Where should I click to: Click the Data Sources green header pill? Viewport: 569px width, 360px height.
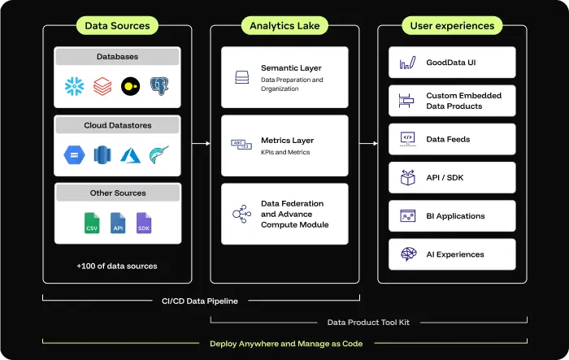pos(117,25)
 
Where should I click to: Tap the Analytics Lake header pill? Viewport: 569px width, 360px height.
pos(284,25)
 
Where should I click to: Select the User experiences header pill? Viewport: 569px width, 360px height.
pos(452,25)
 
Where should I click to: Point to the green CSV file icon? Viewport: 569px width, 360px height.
pos(93,223)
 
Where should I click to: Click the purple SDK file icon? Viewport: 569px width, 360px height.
pos(143,223)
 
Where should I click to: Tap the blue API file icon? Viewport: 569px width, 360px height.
pos(118,223)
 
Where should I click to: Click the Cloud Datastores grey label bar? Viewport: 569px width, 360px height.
pos(117,125)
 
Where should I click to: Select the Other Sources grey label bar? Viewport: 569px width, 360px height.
pos(117,193)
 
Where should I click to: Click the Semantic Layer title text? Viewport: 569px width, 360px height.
pos(289,68)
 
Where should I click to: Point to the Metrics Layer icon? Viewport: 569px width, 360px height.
pos(241,145)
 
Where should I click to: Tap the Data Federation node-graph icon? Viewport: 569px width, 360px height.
pos(241,214)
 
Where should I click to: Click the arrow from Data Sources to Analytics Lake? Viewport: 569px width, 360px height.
pos(200,144)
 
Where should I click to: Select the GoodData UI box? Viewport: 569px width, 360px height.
pos(452,62)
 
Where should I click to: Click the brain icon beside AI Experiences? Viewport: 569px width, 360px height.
pos(408,254)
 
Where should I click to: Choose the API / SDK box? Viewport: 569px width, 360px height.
pos(452,177)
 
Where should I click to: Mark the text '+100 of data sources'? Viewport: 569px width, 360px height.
pos(117,266)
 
